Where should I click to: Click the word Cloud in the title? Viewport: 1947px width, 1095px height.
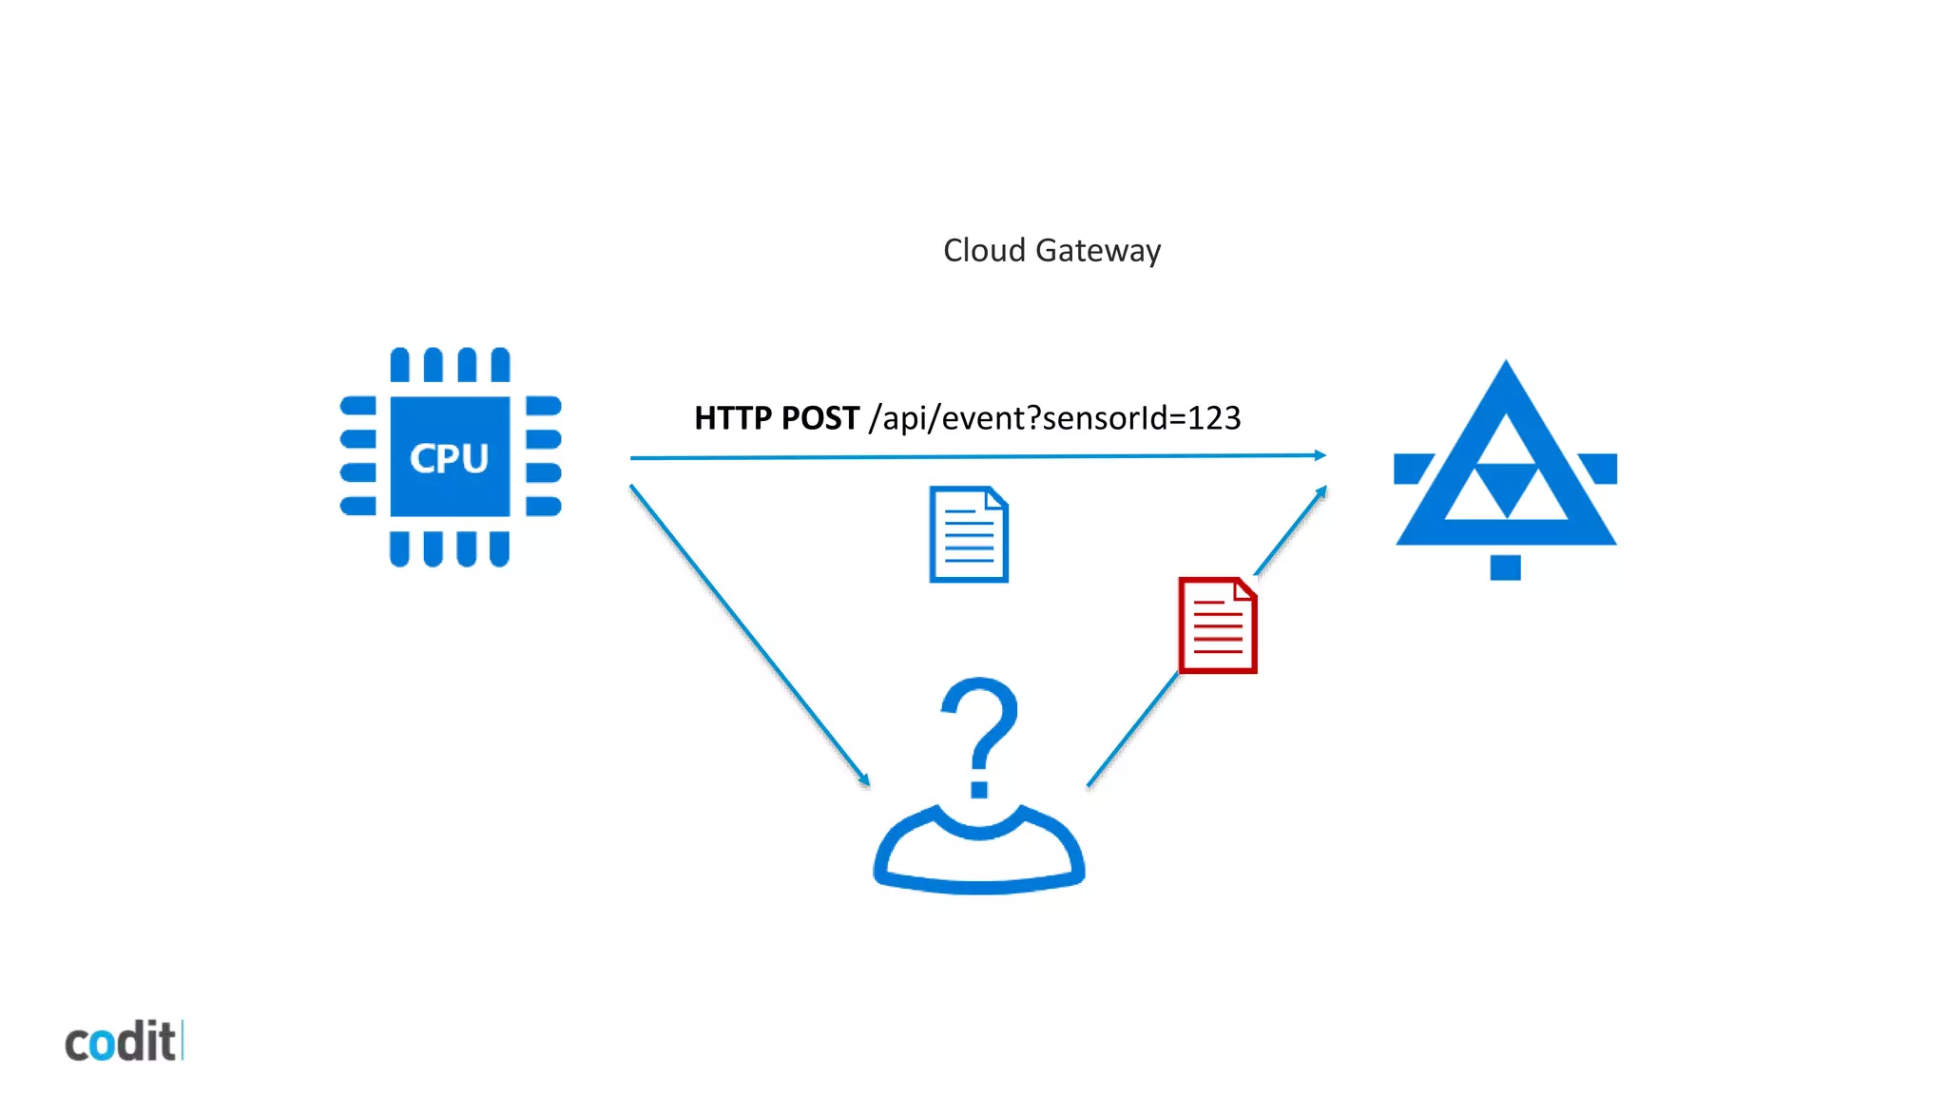pos(984,251)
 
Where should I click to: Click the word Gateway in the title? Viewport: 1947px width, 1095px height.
pos(1098,252)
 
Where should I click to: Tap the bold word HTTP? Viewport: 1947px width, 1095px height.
pos(732,418)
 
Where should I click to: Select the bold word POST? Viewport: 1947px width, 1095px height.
pos(820,418)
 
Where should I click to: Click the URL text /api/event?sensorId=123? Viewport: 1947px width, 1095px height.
pos(1054,418)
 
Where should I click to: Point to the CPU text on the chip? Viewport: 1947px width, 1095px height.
pos(449,458)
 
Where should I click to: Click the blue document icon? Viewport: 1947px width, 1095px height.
pos(968,534)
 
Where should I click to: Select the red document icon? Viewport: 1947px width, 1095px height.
pos(1218,625)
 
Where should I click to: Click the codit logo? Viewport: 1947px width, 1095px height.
pos(122,1042)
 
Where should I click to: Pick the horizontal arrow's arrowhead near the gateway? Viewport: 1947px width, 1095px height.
pos(1320,455)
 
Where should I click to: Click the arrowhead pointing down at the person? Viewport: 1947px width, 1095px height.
pos(864,780)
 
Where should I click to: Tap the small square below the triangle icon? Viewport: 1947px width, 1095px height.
pos(1505,567)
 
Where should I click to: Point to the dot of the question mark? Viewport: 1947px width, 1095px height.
pos(979,788)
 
